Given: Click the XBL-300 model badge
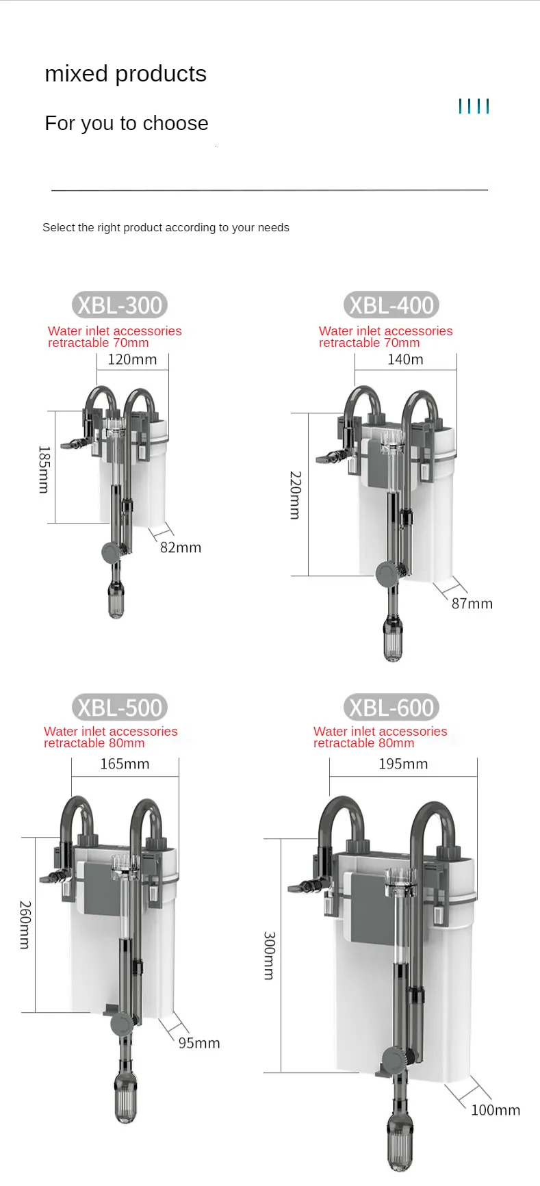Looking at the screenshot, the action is [x=120, y=305].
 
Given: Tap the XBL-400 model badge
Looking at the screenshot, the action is [x=391, y=305].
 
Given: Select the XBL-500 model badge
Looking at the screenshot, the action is [x=120, y=707].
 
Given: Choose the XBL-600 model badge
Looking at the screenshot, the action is [x=391, y=707].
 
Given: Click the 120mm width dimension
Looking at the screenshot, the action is [x=132, y=359].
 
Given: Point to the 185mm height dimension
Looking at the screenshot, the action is [x=44, y=469].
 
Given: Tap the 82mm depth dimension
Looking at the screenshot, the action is [x=181, y=547].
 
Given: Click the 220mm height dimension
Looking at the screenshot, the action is [x=295, y=495].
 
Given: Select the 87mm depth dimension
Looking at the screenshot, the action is [x=472, y=604].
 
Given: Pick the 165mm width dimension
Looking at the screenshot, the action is [x=125, y=764].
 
